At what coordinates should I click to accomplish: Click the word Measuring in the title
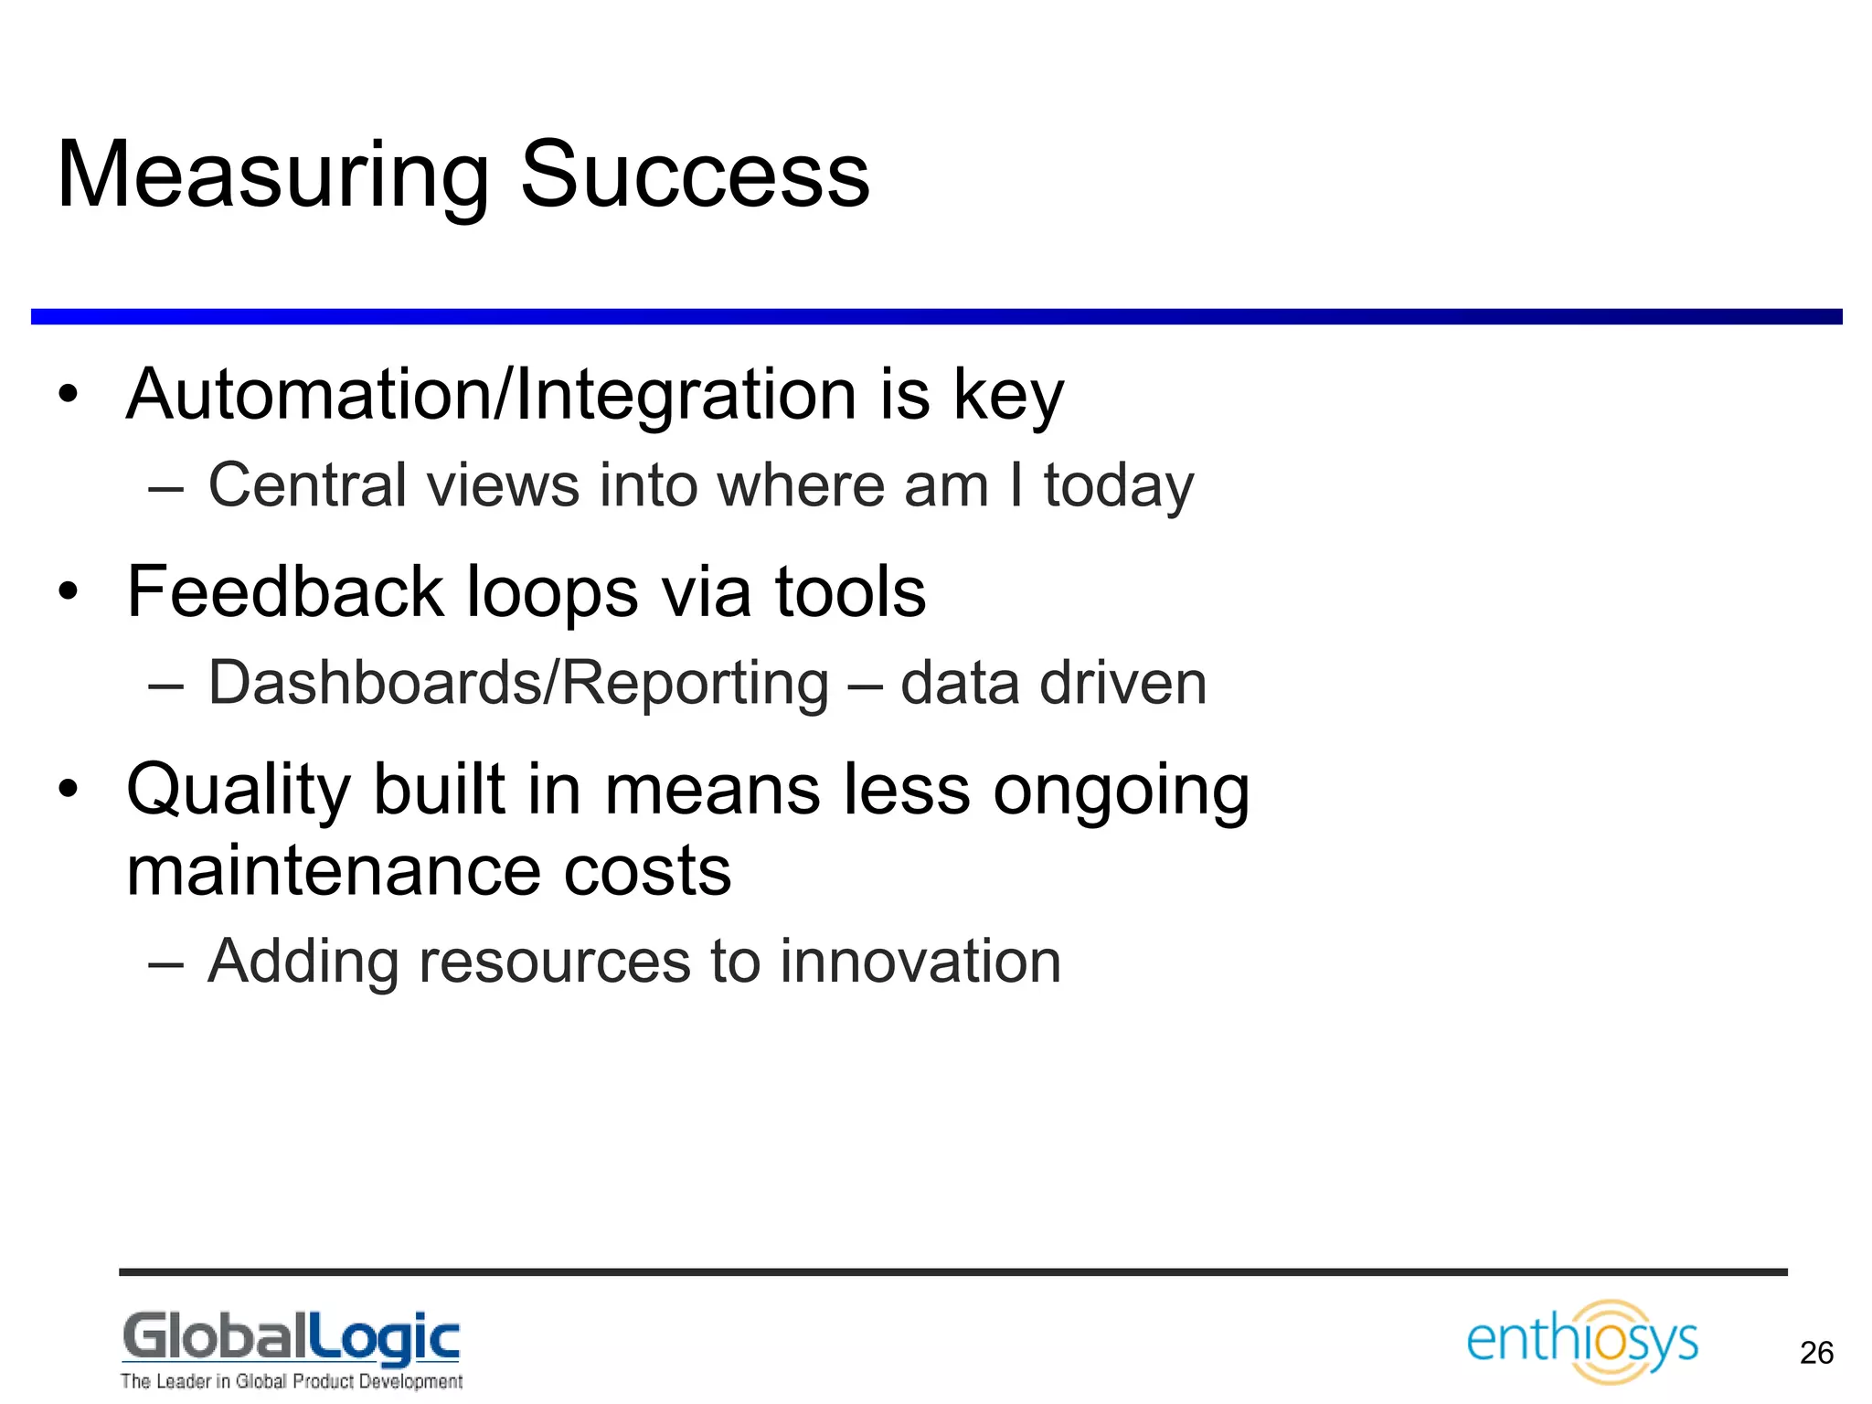[272, 175]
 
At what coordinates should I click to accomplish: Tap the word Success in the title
[695, 175]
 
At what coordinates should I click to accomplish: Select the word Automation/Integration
[492, 395]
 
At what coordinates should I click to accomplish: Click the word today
[1119, 487]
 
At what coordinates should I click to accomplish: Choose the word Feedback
[284, 592]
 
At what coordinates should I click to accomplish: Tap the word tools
[850, 592]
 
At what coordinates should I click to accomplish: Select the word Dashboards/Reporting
[518, 684]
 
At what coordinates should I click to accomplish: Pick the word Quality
[238, 792]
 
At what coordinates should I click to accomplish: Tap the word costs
[647, 871]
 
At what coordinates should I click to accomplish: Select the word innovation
[920, 962]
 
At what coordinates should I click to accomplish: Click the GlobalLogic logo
[291, 1338]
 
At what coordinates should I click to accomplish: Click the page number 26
[1816, 1353]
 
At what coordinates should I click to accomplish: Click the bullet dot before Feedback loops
[69, 592]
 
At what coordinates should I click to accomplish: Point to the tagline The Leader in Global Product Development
[291, 1381]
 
